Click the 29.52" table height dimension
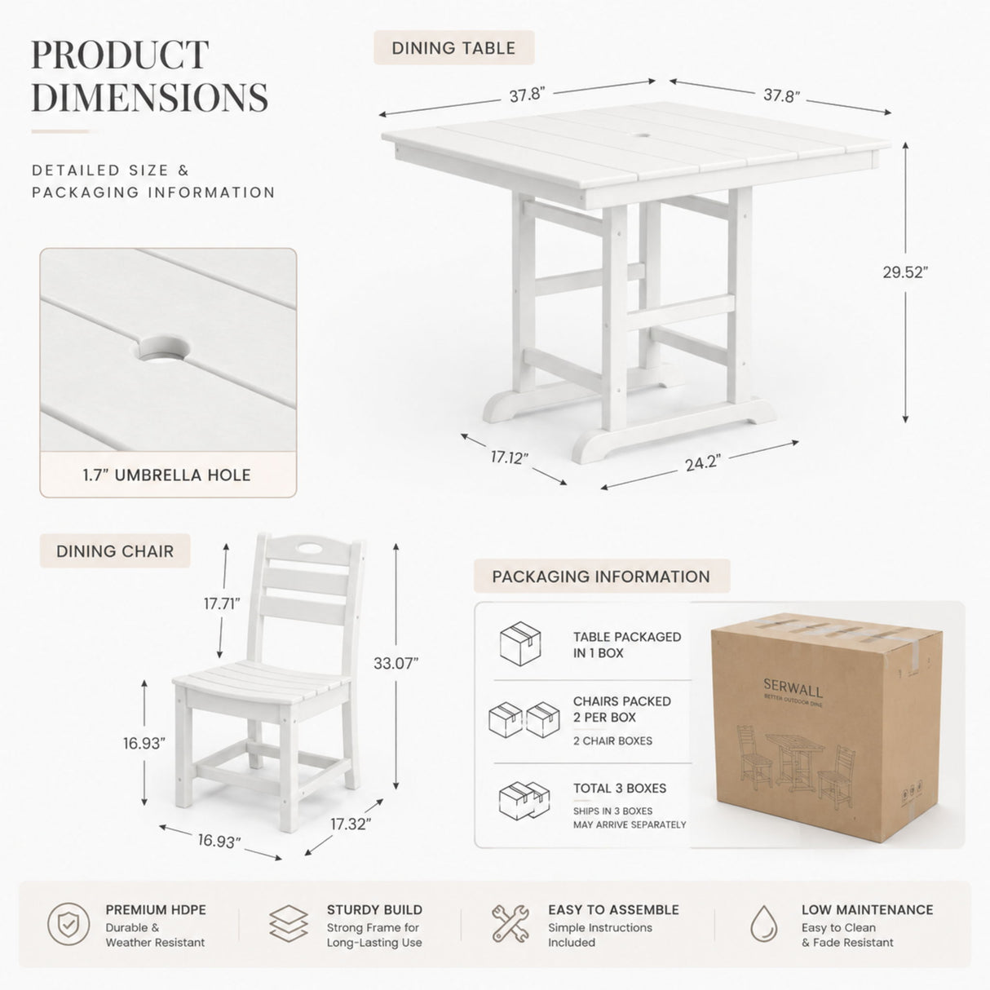point(905,272)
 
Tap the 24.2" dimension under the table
point(703,462)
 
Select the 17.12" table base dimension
point(509,457)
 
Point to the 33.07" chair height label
point(396,663)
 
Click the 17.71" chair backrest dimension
point(222,603)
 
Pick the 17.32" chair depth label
point(351,824)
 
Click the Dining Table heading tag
point(453,48)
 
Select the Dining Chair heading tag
point(115,551)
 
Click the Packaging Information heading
point(601,576)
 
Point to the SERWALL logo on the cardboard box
point(793,687)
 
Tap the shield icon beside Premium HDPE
point(69,924)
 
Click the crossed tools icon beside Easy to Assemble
point(510,924)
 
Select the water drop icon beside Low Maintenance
point(763,924)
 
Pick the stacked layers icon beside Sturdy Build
point(289,924)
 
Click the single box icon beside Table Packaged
point(520,643)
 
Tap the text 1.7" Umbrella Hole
point(167,475)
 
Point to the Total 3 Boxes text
point(620,788)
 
